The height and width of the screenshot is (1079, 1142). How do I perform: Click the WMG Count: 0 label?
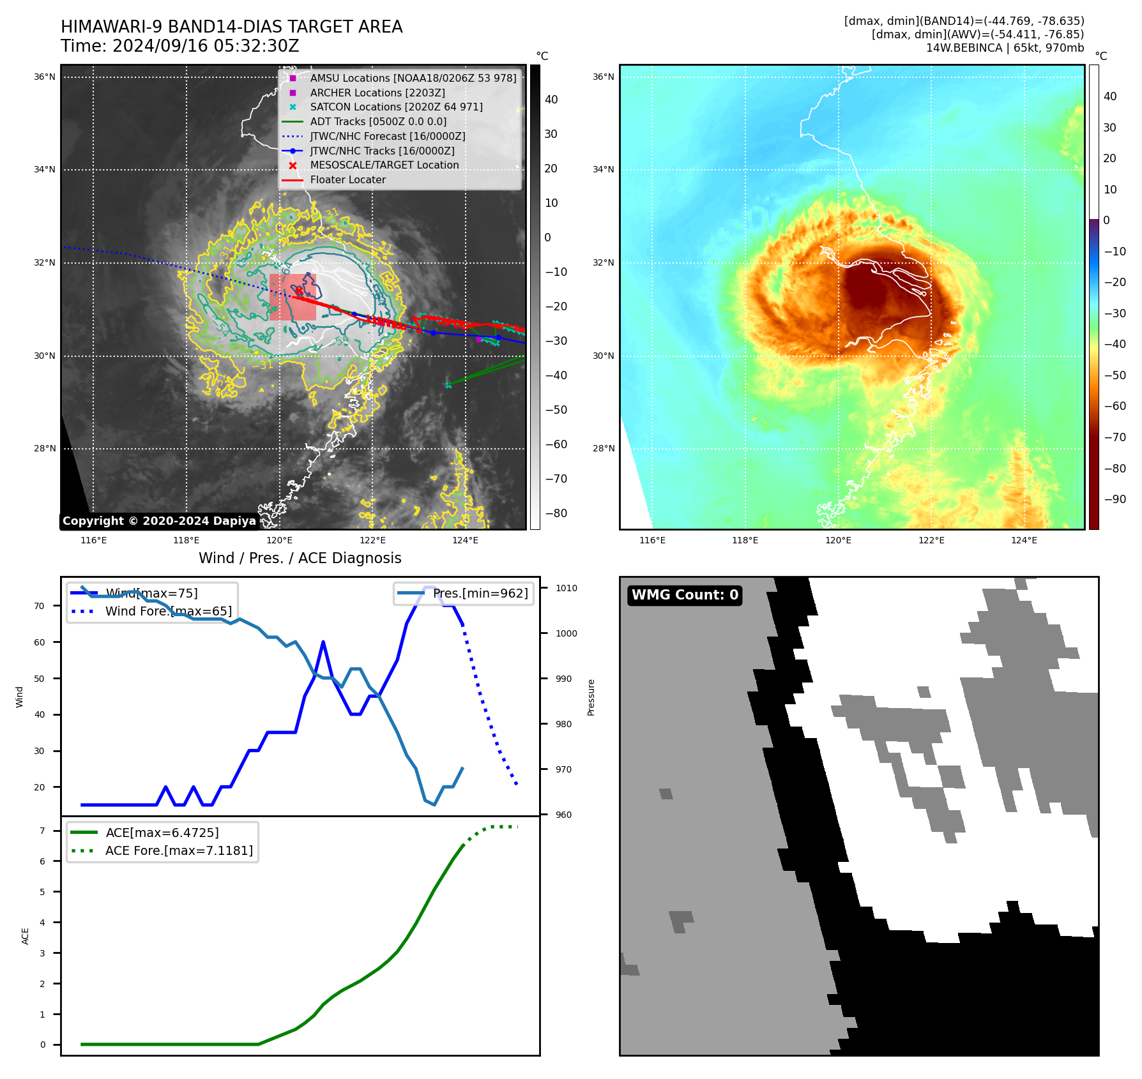point(685,595)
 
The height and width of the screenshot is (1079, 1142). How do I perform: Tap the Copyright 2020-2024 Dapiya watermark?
point(159,521)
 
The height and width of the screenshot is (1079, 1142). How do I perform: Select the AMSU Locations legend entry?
point(413,78)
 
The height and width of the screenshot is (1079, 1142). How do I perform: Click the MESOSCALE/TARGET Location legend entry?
point(384,165)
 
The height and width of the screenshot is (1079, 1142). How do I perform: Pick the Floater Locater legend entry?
point(347,179)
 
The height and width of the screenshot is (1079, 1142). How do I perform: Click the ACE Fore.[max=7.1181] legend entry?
point(179,850)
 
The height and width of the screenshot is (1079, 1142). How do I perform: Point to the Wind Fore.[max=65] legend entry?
point(168,611)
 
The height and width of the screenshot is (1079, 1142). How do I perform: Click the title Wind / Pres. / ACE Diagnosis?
point(300,558)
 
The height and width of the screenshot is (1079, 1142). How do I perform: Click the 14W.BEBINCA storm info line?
point(1005,48)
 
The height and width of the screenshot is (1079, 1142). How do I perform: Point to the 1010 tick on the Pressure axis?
point(566,588)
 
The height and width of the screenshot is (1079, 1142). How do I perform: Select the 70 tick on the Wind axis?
point(40,606)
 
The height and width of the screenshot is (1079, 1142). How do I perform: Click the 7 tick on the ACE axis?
point(42,831)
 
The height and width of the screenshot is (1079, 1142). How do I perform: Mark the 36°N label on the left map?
point(44,77)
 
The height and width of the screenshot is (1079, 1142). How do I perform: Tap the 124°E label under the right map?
point(1024,540)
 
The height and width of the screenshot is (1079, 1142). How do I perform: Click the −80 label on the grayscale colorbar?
point(556,513)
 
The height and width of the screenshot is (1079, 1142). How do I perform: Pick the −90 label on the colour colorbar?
point(1115,499)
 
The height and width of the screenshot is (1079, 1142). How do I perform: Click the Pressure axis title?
point(591,697)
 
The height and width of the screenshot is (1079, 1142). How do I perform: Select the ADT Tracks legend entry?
point(378,121)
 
